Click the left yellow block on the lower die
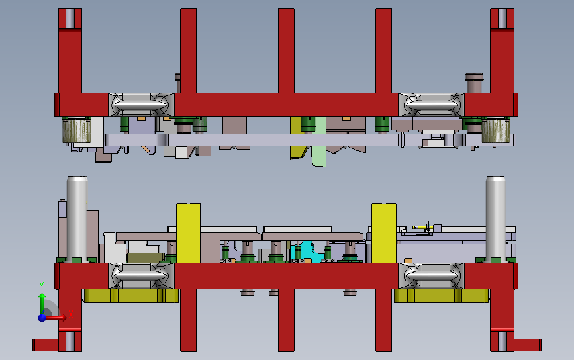(x=188, y=233)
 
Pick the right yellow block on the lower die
(x=383, y=233)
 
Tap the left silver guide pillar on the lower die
(x=77, y=218)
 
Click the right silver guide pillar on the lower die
(x=496, y=218)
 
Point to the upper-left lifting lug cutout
(x=141, y=105)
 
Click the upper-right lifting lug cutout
(x=431, y=105)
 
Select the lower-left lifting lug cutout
(x=141, y=275)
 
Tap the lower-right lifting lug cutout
(x=431, y=275)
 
